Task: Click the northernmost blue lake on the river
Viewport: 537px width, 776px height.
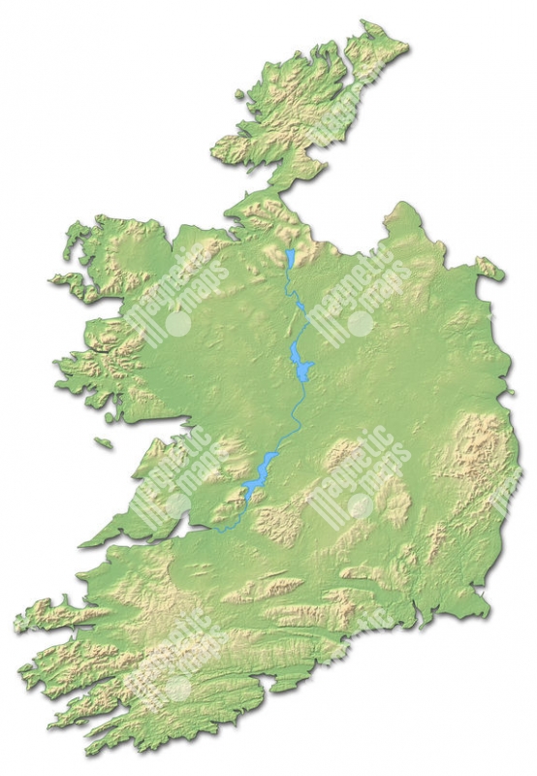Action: pyautogui.click(x=290, y=257)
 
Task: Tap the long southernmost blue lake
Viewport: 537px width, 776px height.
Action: pyautogui.click(x=259, y=476)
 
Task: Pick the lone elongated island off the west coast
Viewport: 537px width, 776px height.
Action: pyautogui.click(x=104, y=444)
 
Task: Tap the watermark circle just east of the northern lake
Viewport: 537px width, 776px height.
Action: pyautogui.click(x=361, y=323)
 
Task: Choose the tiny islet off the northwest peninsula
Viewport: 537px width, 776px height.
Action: pyautogui.click(x=240, y=95)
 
